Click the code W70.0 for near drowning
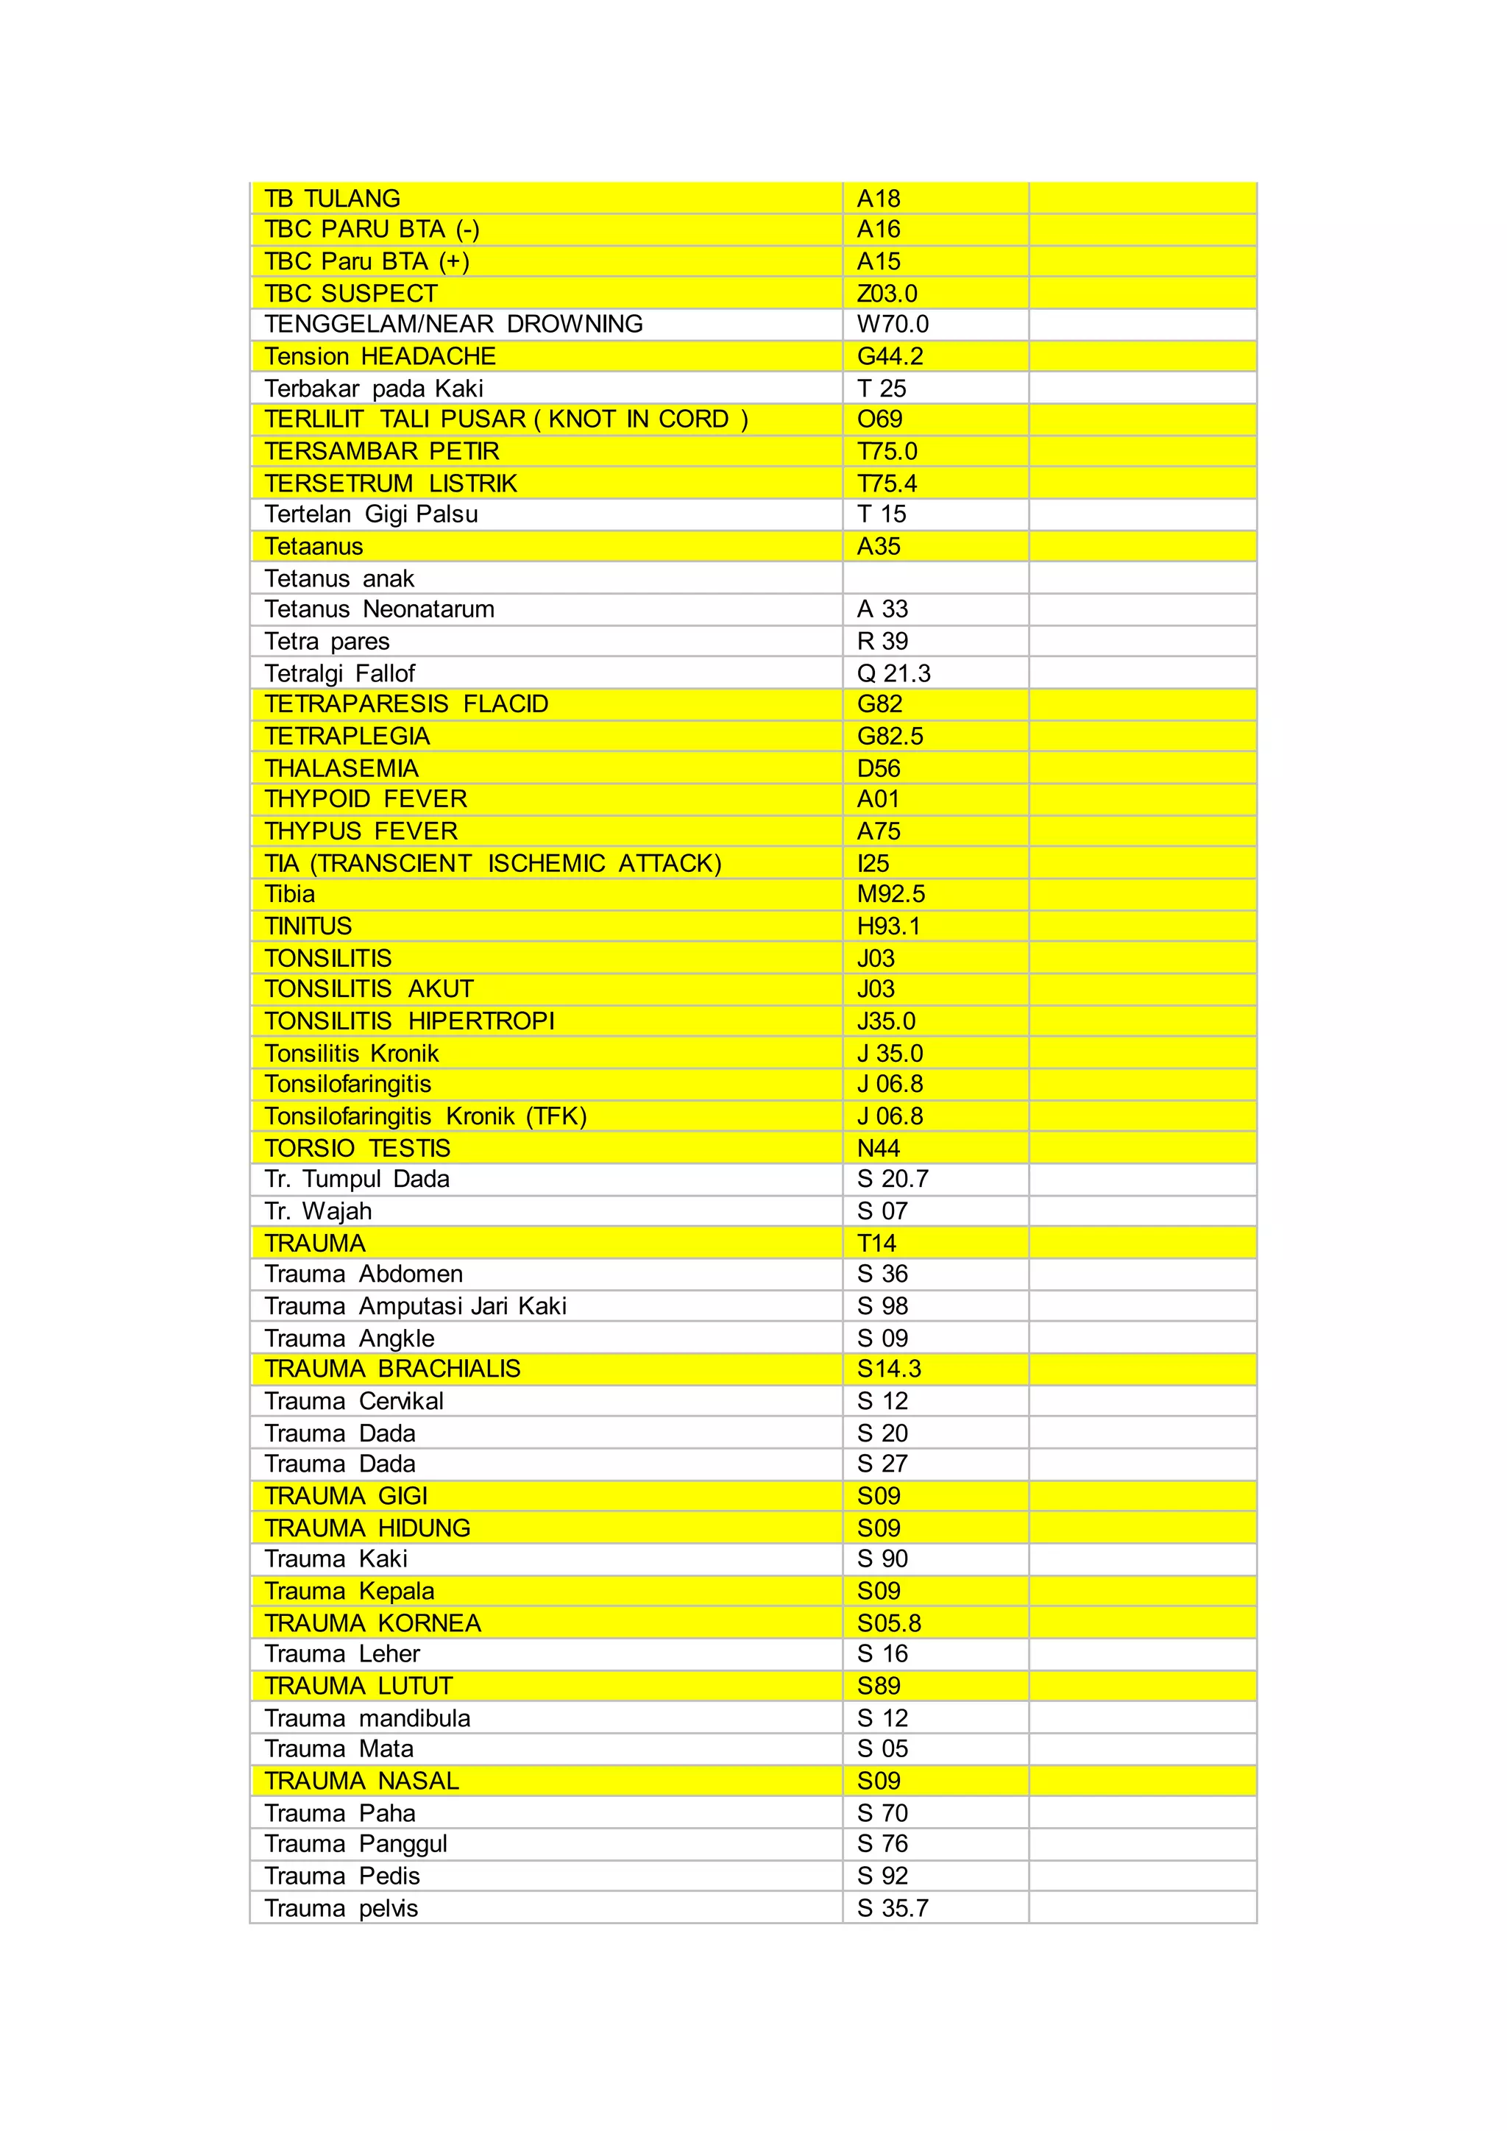[892, 324]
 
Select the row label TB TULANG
[332, 199]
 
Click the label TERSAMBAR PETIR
[381, 451]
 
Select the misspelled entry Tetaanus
[313, 547]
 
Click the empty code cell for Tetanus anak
[935, 578]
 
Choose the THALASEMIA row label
[341, 768]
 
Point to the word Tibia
[289, 894]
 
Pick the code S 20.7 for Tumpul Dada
[892, 1179]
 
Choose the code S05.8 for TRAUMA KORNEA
[889, 1623]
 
